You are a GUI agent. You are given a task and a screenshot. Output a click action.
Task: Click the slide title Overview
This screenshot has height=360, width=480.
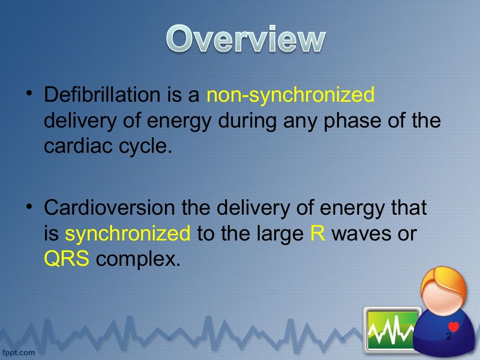[245, 40]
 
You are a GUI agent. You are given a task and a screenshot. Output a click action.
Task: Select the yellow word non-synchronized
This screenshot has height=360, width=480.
[291, 95]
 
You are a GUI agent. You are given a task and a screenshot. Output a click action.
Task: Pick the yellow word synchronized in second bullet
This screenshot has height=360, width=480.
[127, 233]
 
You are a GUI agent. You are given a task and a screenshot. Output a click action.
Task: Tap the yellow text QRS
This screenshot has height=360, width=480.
[67, 258]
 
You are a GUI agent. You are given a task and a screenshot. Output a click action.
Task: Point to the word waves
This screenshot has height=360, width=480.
[360, 233]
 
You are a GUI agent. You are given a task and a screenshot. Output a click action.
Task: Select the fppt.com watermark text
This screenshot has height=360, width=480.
[19, 352]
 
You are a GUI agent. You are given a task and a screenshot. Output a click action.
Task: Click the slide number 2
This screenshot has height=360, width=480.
[449, 336]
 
